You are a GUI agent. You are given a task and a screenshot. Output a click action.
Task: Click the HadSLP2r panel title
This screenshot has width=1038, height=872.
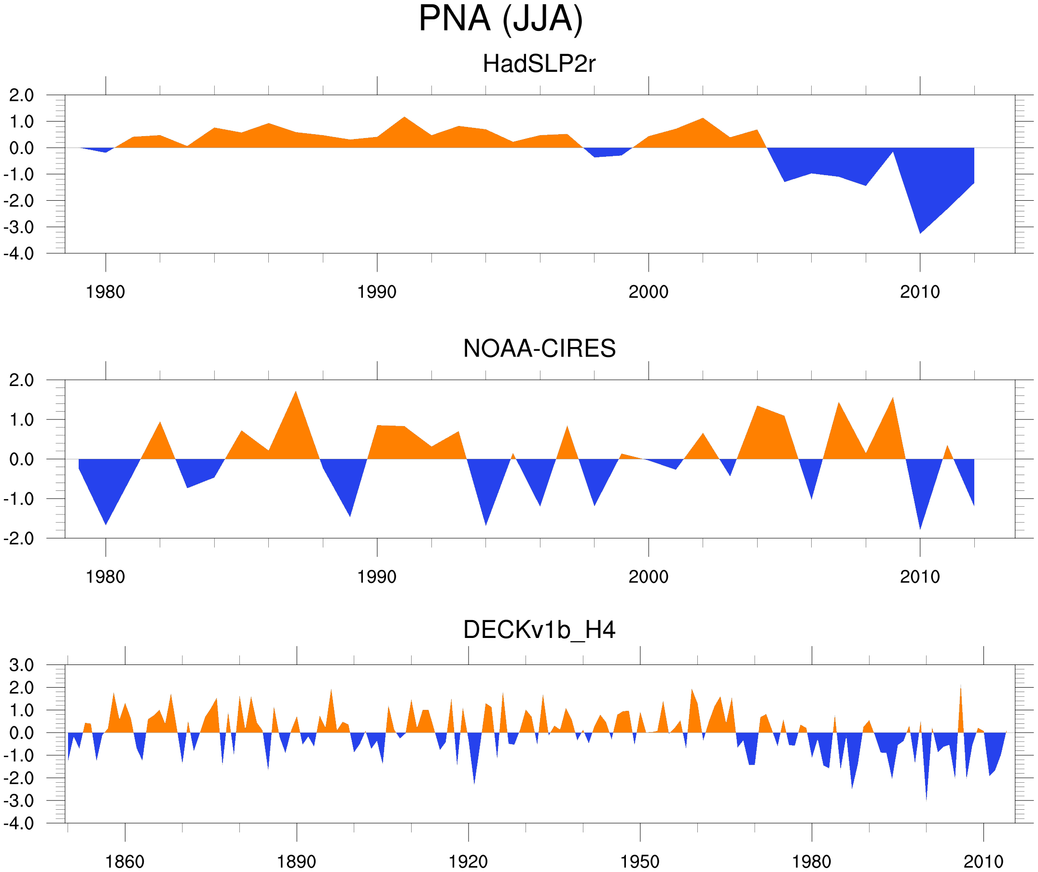pyautogui.click(x=539, y=64)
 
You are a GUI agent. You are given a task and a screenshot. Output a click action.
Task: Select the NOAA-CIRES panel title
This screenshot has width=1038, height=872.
pyautogui.click(x=539, y=348)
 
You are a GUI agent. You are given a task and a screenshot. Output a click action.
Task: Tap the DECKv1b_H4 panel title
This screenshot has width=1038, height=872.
pyautogui.click(x=539, y=630)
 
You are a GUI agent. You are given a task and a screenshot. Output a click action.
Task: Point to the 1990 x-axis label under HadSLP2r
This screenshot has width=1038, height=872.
pyautogui.click(x=377, y=292)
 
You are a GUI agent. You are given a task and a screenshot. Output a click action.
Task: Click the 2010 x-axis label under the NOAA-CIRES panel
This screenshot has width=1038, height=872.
pyautogui.click(x=919, y=577)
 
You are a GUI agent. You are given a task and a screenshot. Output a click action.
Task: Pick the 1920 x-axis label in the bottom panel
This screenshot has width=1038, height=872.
pyautogui.click(x=468, y=861)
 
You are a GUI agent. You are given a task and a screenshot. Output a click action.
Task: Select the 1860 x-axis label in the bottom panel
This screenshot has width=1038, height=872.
pyautogui.click(x=125, y=861)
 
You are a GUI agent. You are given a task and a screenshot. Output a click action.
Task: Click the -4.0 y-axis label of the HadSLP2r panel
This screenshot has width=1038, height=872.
pyautogui.click(x=19, y=254)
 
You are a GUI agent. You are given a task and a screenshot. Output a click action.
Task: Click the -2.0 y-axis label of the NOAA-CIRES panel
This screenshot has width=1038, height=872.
pyautogui.click(x=19, y=539)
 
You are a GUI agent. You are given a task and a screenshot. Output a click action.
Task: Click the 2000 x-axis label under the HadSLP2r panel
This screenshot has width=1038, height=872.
pyautogui.click(x=648, y=292)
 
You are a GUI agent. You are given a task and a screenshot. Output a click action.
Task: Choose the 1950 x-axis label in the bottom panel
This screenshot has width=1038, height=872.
pyautogui.click(x=639, y=861)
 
